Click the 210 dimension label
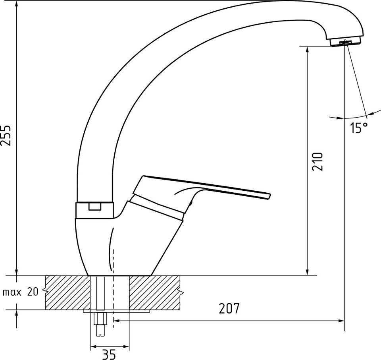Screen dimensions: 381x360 (318, 161)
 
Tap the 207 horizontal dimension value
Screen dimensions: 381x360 (229, 308)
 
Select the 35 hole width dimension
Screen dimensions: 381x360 (109, 354)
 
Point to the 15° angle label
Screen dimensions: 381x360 (359, 128)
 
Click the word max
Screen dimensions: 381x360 (12, 292)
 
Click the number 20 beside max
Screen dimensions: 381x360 (33, 292)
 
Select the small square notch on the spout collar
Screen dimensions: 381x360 (94, 206)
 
